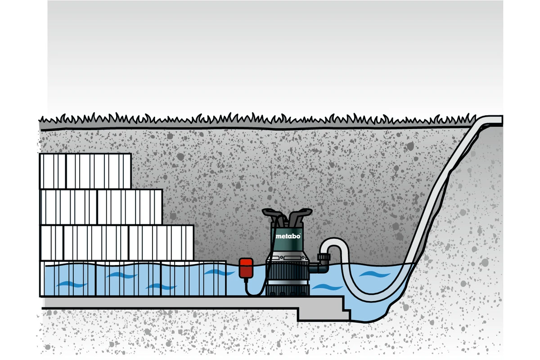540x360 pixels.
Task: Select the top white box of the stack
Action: [x=85, y=171]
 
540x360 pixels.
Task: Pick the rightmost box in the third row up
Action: [x=130, y=207]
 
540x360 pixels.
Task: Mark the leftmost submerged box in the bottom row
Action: [x=67, y=279]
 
